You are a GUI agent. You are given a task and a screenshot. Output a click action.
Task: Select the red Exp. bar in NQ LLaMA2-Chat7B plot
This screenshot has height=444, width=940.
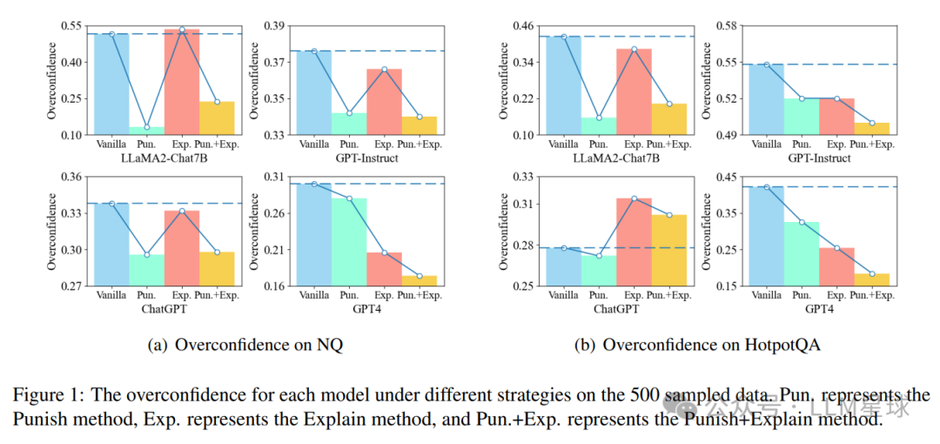pos(181,83)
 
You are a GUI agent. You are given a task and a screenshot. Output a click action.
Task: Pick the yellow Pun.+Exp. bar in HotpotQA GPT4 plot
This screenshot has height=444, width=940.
pos(871,279)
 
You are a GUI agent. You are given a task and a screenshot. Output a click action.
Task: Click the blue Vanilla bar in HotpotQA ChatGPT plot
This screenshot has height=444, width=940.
pos(563,266)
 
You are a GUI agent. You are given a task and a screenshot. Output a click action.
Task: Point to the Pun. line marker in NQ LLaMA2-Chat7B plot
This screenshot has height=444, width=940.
pos(146,127)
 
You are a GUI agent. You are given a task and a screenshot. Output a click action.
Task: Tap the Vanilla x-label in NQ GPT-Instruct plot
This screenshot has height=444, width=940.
pos(314,144)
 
